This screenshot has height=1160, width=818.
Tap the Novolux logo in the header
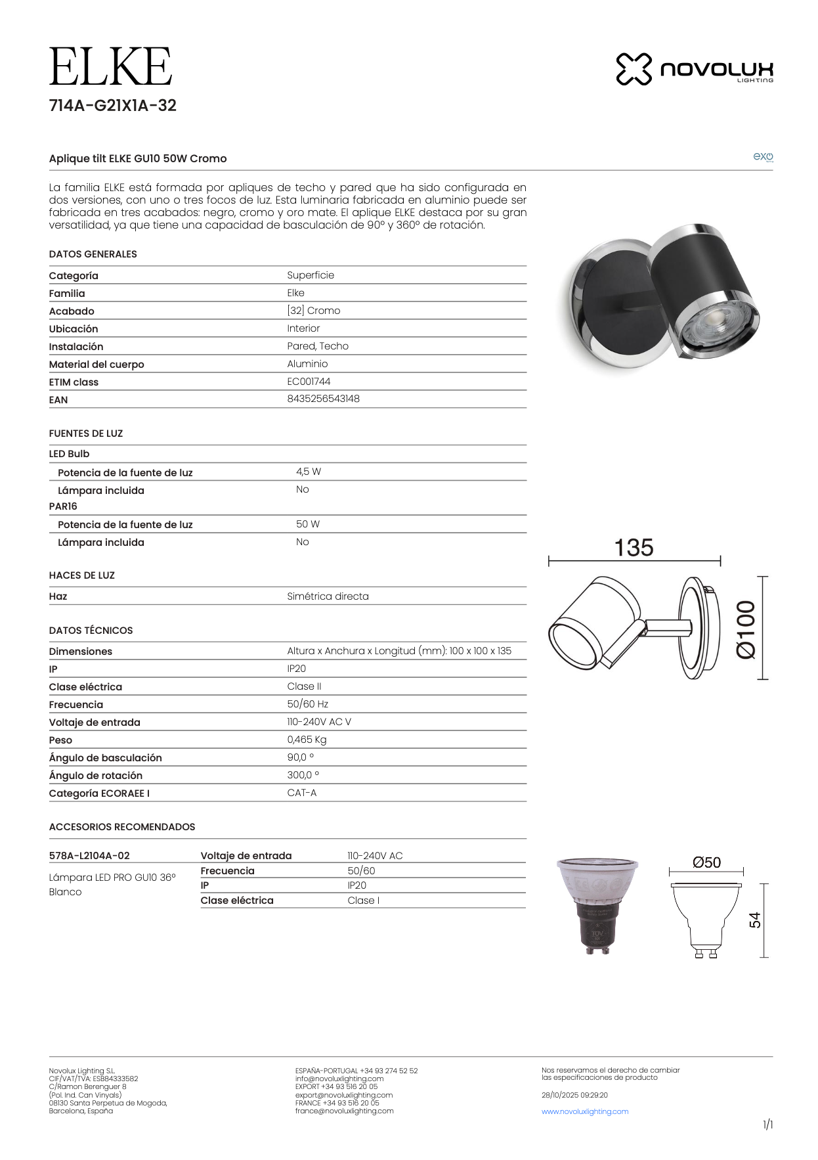coord(695,69)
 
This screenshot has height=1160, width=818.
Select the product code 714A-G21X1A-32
coord(113,106)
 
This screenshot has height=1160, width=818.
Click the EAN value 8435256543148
coord(323,399)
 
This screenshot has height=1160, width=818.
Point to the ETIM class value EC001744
coord(309,381)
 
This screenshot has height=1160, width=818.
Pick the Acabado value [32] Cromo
coord(313,310)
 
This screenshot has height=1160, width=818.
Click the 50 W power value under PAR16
coord(308,524)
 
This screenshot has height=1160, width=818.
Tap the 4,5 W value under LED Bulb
coord(309,472)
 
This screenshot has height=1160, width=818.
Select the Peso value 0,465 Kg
coord(307,740)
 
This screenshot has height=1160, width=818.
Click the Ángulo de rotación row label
coord(96,775)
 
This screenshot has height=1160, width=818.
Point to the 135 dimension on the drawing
coord(634,548)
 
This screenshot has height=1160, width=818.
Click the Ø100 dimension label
coord(746,629)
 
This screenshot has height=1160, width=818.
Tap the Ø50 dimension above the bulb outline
coord(706,862)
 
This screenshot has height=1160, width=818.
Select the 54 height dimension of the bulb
coord(756,920)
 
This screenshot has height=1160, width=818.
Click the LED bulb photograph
coord(597,904)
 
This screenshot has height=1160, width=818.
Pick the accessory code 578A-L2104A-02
coord(89,855)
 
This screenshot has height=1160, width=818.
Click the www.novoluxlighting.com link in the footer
coord(585,1111)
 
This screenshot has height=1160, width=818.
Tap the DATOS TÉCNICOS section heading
coord(91,630)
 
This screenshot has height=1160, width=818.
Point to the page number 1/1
coord(767,1125)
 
